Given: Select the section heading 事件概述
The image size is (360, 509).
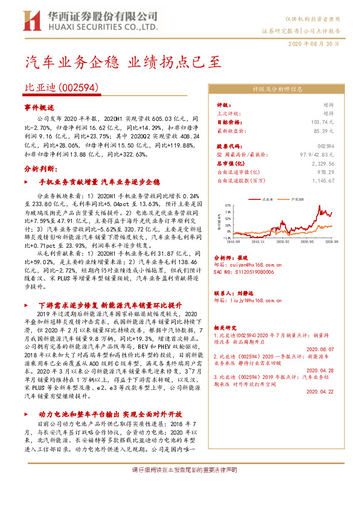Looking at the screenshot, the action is pyautogui.click(x=39, y=107).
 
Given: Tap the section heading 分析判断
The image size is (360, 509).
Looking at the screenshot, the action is pyautogui.click(x=39, y=169).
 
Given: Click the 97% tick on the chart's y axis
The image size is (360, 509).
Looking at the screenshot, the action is pyautogui.click(x=228, y=204).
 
